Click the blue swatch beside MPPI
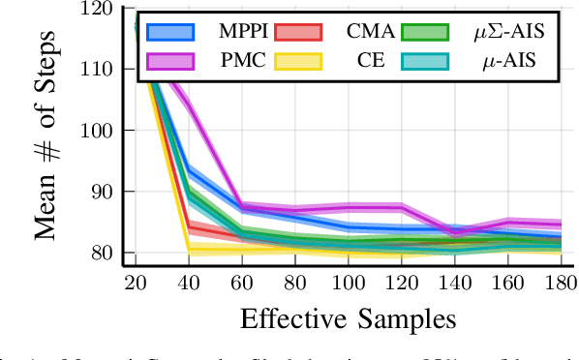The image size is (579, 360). coord(169,33)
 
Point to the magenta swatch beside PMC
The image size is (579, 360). coord(169,61)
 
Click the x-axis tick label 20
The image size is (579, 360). coord(136,284)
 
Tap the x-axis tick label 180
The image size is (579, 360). coord(554,284)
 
